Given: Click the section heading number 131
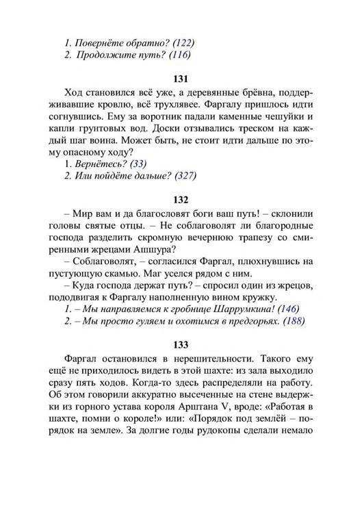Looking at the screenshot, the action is tap(181, 78).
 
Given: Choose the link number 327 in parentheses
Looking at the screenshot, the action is tap(184, 176).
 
